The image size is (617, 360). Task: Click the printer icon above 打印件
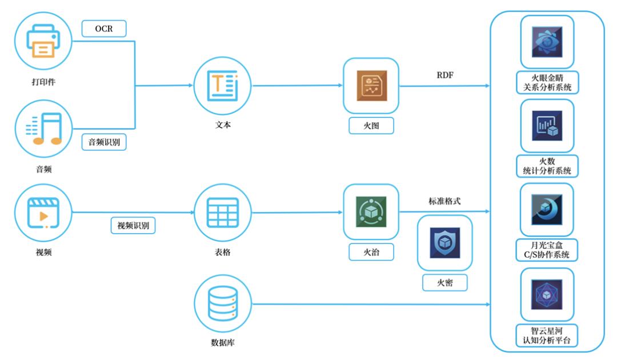point(43,41)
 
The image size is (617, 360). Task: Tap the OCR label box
point(104,29)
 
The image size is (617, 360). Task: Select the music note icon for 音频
point(43,128)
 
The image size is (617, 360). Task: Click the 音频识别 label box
point(104,142)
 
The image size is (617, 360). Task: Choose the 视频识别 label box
point(133,226)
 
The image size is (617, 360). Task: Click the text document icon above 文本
point(223,85)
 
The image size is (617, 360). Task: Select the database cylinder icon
point(223,303)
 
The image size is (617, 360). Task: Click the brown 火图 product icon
point(371,86)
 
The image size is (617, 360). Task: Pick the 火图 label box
point(371,126)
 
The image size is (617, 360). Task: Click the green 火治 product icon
point(371,211)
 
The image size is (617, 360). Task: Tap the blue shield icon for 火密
point(444,243)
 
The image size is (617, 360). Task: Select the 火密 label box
point(444,282)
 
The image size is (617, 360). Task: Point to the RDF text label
point(444,75)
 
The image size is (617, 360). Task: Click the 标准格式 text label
point(444,201)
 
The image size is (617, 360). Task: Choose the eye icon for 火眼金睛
point(547,42)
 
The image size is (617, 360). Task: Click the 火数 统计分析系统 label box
point(547,166)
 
